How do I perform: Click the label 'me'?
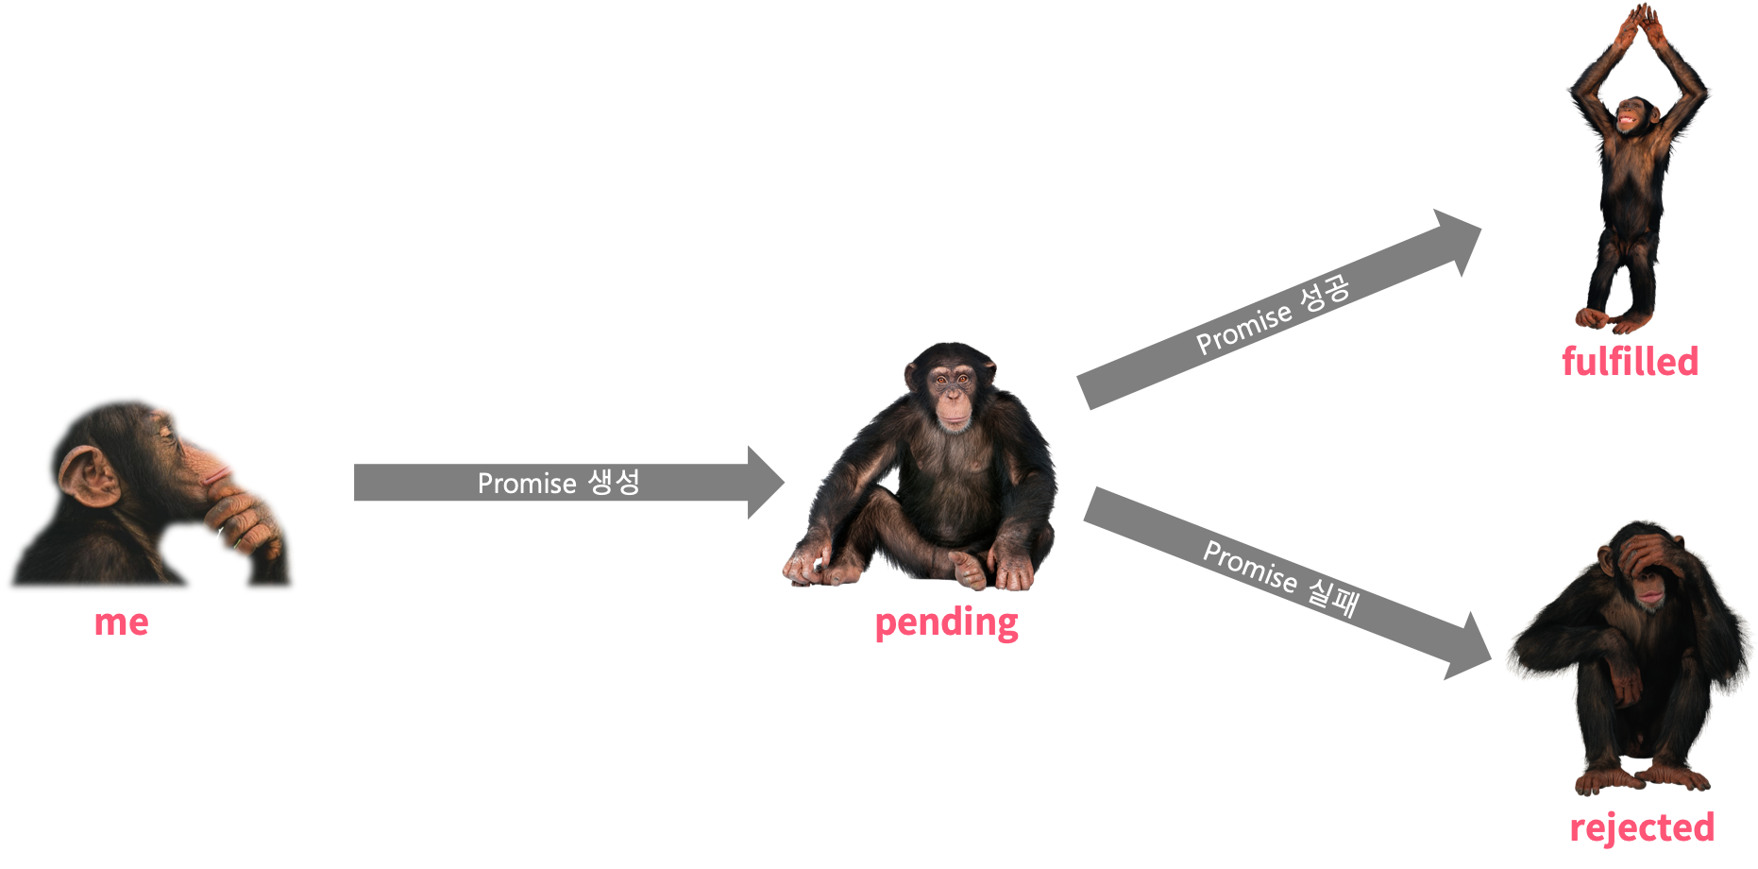[x=122, y=622]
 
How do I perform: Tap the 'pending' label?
[x=946, y=622]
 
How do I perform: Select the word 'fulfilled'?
[x=1630, y=361]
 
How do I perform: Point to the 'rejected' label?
[x=1641, y=827]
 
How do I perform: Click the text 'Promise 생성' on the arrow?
[x=558, y=483]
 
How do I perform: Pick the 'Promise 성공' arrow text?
[x=1273, y=315]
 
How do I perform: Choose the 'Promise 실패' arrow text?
[x=1280, y=578]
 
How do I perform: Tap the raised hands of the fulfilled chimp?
[x=1641, y=23]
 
